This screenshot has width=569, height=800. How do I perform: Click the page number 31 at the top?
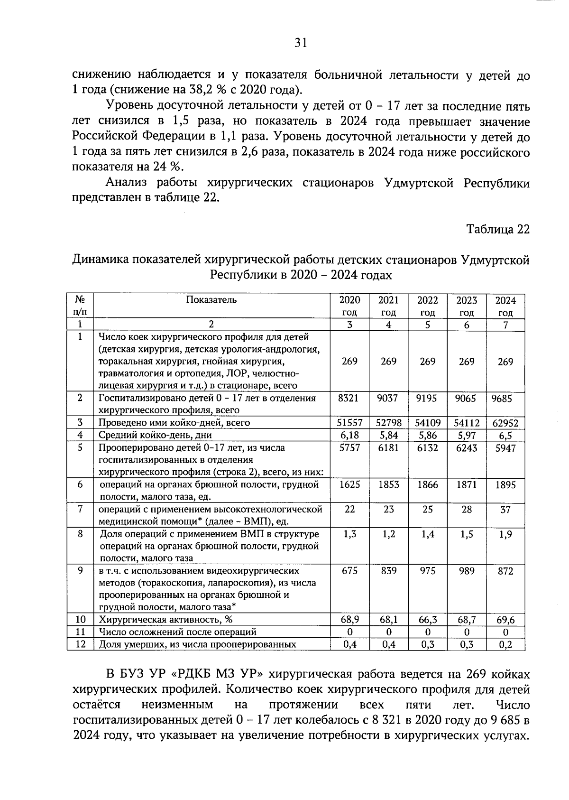click(301, 43)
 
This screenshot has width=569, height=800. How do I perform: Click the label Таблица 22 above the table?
click(497, 229)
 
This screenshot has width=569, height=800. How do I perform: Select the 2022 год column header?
click(428, 306)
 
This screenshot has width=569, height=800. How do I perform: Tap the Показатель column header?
click(211, 300)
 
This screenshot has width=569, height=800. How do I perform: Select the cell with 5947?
click(505, 448)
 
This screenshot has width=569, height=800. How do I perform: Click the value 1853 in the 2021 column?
click(388, 485)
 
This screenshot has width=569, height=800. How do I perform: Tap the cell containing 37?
click(505, 510)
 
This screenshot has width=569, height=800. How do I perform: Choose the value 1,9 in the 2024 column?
click(505, 534)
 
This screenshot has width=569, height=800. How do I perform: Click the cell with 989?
click(467, 571)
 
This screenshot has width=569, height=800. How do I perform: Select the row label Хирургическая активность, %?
click(165, 620)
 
